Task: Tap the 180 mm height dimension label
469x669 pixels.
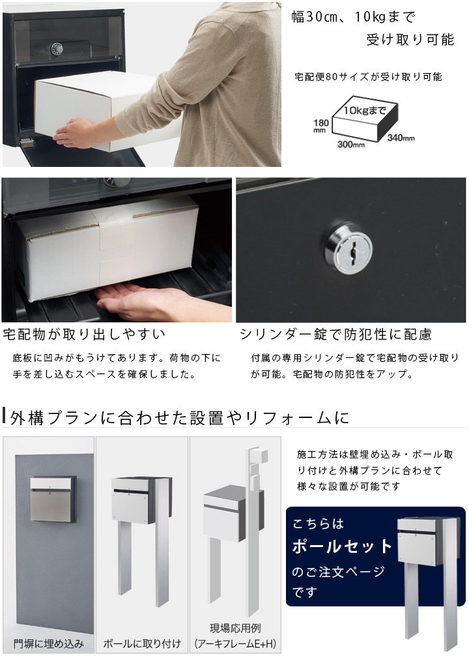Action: [320, 125]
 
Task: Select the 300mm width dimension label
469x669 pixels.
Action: [350, 145]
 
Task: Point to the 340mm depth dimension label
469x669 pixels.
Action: [401, 138]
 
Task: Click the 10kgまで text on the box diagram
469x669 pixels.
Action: [365, 110]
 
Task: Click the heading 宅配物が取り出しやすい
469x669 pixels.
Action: [84, 334]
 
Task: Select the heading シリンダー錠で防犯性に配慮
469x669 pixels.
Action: [335, 334]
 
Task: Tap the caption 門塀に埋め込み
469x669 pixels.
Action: [49, 644]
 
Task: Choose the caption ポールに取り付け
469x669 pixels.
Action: [142, 644]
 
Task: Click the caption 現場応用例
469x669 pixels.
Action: [235, 628]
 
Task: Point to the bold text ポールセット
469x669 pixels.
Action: [342, 546]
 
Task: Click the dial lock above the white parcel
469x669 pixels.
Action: [57, 49]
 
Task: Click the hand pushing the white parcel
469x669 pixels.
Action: [76, 132]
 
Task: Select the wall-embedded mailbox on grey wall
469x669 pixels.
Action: [53, 499]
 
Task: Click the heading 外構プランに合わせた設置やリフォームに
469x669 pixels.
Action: [180, 418]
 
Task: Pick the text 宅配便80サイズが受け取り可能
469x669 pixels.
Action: [369, 77]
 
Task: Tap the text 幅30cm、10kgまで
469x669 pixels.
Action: [354, 17]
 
